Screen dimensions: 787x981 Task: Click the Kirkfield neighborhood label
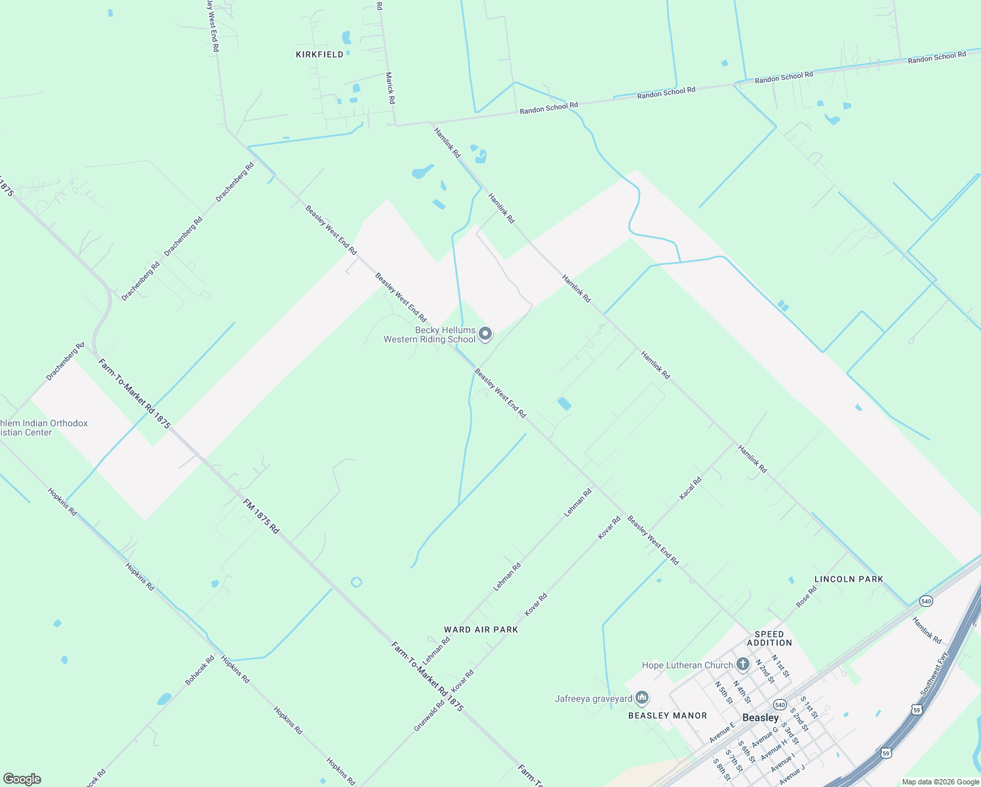[319, 54]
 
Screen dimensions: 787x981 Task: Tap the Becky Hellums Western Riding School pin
[485, 334]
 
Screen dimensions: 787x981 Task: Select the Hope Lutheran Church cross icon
[742, 665]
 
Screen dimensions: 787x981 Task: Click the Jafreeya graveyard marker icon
[643, 698]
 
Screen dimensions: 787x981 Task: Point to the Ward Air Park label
[481, 630]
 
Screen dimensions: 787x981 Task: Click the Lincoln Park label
[849, 579]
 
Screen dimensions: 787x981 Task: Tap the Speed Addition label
[769, 638]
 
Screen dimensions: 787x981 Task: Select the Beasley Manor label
[668, 716]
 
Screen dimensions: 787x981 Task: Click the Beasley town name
[761, 717]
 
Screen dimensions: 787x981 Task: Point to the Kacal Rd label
[691, 489]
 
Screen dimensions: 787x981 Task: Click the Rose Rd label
[807, 596]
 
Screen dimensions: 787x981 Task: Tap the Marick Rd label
[390, 89]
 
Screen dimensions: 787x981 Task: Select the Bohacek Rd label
[200, 671]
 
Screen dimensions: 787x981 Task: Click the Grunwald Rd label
[429, 716]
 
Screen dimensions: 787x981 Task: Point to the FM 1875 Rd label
[261, 516]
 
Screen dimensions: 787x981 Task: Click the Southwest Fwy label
[934, 674]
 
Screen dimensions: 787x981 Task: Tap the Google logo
[22, 779]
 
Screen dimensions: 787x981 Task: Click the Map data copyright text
[939, 782]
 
